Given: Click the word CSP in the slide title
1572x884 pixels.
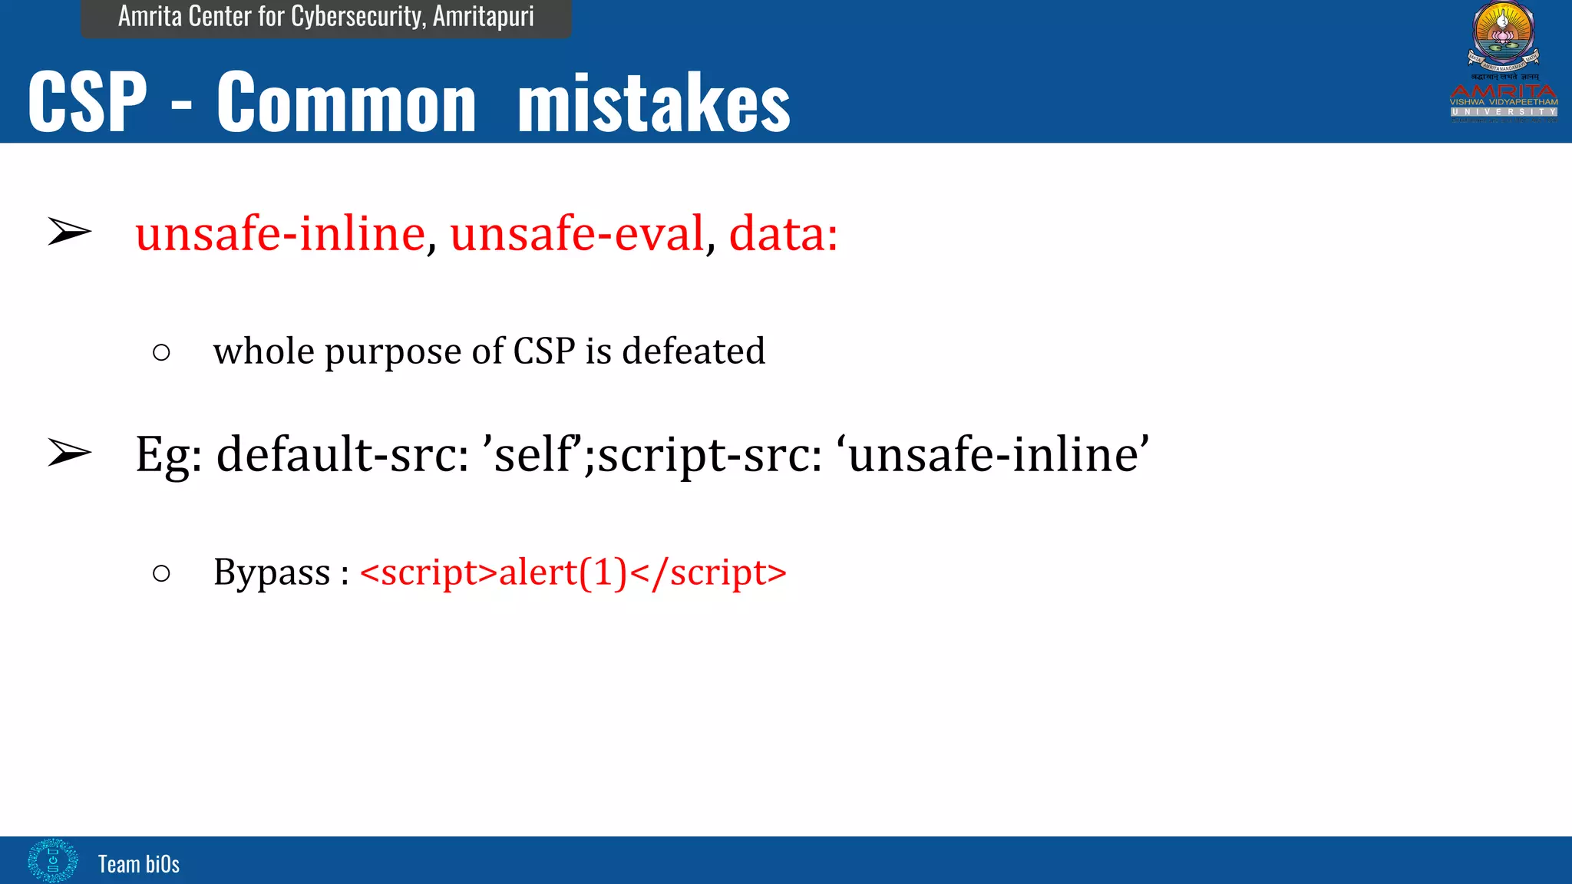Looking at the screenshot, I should pos(87,102).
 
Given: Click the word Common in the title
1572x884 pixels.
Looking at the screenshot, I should pos(346,102).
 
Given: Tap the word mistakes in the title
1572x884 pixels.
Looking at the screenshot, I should pos(653,102).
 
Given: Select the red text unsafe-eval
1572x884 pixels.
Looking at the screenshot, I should pos(577,233).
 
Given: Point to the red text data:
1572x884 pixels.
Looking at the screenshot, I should pos(783,233).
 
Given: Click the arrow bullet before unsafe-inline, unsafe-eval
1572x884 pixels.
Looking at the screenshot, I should pos(69,232).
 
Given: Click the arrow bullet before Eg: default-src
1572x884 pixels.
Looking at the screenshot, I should pos(69,453).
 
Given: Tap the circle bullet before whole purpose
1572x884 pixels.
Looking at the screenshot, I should pos(161,353).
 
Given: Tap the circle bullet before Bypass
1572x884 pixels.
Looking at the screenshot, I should pos(161,573).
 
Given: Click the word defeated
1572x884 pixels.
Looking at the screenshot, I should pos(693,351).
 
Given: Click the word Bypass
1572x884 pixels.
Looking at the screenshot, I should pos(272,572).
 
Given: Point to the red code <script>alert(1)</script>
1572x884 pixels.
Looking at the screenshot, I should pos(573,572).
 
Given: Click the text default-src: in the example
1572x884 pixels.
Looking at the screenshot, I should pos(342,454).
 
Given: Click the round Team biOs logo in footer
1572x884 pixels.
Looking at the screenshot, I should pos(52,860).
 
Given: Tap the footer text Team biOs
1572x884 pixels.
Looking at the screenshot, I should pos(138,864).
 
